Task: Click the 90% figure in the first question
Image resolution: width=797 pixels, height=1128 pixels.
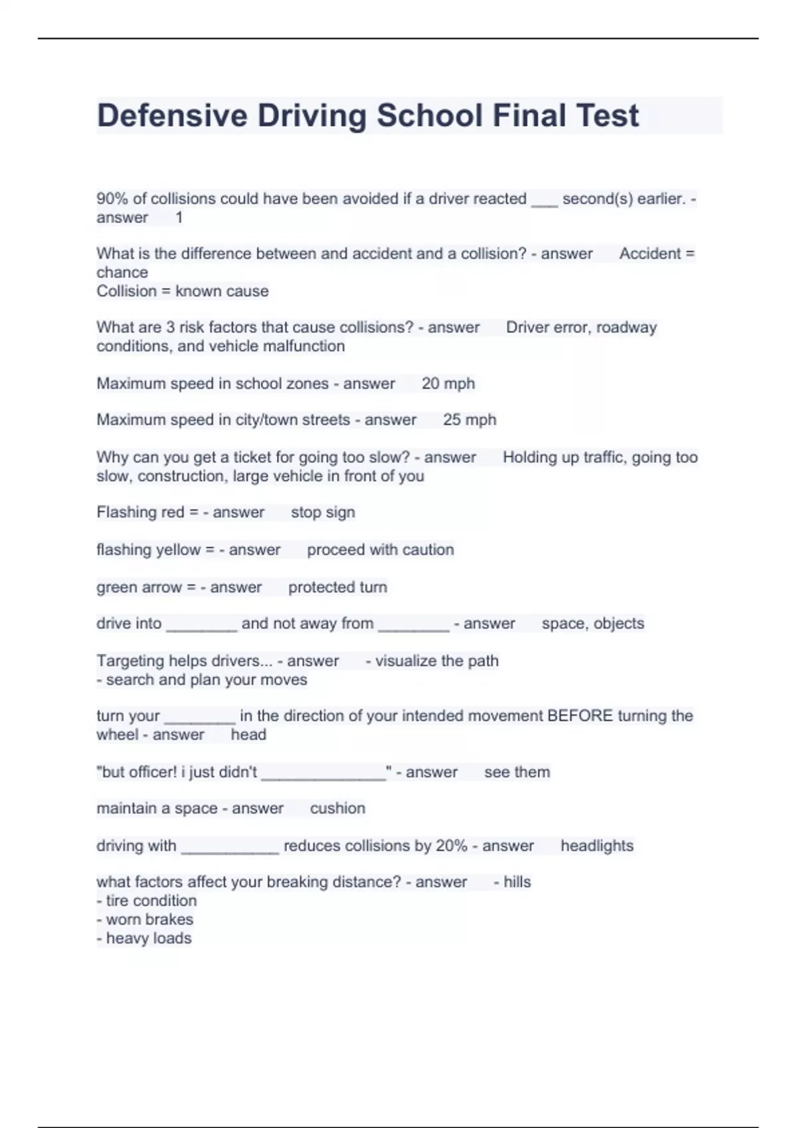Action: coord(112,198)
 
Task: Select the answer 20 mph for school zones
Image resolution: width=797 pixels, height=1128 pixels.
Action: coord(448,384)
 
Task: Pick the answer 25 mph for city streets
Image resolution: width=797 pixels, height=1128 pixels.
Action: coord(470,419)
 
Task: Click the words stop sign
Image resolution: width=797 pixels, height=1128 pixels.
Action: coord(323,512)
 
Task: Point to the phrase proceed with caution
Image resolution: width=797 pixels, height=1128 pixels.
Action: coord(380,549)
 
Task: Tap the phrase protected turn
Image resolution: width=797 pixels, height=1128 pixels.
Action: coord(337,587)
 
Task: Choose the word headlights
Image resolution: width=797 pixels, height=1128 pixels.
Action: coord(596,845)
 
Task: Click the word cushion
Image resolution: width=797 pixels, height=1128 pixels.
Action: coord(337,808)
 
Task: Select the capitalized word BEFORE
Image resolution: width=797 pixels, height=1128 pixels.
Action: coord(580,715)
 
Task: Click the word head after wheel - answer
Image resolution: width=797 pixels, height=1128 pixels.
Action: coord(248,735)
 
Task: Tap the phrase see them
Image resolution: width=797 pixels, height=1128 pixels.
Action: coord(517,772)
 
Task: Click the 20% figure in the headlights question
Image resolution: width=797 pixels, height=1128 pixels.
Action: coord(451,845)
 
